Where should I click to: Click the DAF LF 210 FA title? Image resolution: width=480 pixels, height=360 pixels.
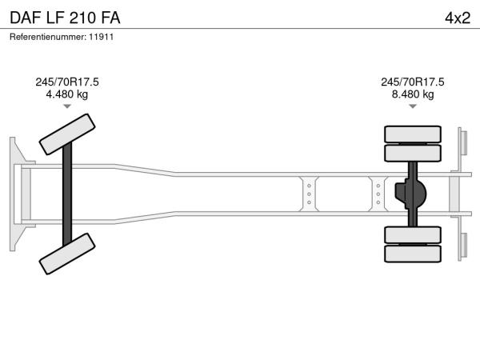tap(65, 18)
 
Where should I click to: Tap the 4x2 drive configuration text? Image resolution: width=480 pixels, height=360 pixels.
tap(458, 18)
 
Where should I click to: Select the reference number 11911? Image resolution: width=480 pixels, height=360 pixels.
tap(102, 37)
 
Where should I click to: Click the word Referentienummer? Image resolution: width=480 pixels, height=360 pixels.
tap(48, 37)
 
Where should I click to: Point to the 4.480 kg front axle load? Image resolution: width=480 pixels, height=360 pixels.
tap(67, 94)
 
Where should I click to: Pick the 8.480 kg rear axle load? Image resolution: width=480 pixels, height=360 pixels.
tap(413, 94)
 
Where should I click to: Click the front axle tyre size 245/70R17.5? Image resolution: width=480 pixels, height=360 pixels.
tap(67, 82)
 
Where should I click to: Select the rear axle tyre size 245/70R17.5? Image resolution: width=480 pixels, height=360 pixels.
tap(413, 82)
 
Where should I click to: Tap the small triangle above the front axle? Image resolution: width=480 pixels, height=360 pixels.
tap(67, 106)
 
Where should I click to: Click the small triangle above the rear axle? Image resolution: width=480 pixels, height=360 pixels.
tap(413, 106)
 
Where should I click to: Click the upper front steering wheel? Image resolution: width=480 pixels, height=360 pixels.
tap(67, 134)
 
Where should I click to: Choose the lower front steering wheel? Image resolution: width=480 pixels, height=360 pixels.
tap(67, 254)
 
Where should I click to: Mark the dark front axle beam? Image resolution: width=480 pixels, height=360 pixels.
tap(67, 194)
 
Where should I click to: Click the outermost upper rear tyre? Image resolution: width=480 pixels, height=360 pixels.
tap(413, 134)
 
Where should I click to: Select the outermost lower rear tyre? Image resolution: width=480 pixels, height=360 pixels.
tap(413, 254)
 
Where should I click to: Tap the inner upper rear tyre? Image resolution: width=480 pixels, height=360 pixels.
tap(413, 153)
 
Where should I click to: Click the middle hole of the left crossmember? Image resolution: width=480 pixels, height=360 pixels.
tap(309, 194)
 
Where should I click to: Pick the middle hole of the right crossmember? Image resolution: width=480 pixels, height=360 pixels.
tap(378, 194)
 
